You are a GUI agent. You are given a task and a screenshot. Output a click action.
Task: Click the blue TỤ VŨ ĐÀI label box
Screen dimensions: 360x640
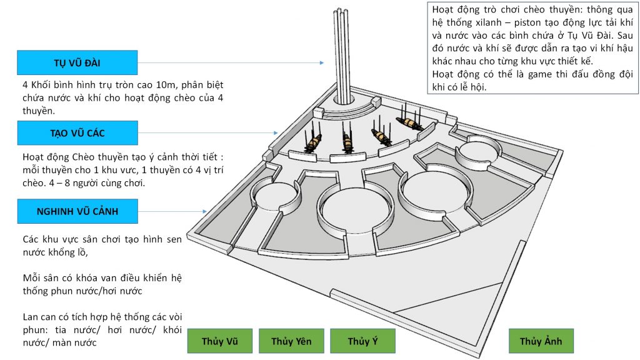coord(77,62)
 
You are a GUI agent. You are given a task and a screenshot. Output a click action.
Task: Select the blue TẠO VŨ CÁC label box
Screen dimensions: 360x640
coord(77,133)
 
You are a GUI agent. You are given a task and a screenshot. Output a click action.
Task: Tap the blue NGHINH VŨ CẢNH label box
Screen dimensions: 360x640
coord(77,211)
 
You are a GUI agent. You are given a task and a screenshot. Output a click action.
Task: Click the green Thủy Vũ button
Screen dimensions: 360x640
coord(219,341)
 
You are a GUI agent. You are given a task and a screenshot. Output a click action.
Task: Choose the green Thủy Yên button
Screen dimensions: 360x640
coord(291,341)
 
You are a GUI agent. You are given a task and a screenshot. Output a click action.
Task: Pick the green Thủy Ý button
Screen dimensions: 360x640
coord(362,341)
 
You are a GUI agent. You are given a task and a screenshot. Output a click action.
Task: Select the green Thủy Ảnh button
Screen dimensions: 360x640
coord(541,341)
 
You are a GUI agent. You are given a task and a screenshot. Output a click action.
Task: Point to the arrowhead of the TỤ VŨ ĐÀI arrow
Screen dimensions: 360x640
coord(322,62)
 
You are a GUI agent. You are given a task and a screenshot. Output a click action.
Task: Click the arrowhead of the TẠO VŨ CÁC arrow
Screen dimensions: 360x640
coord(275,133)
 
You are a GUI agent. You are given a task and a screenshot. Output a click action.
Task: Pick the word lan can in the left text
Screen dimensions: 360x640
coord(37,317)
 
